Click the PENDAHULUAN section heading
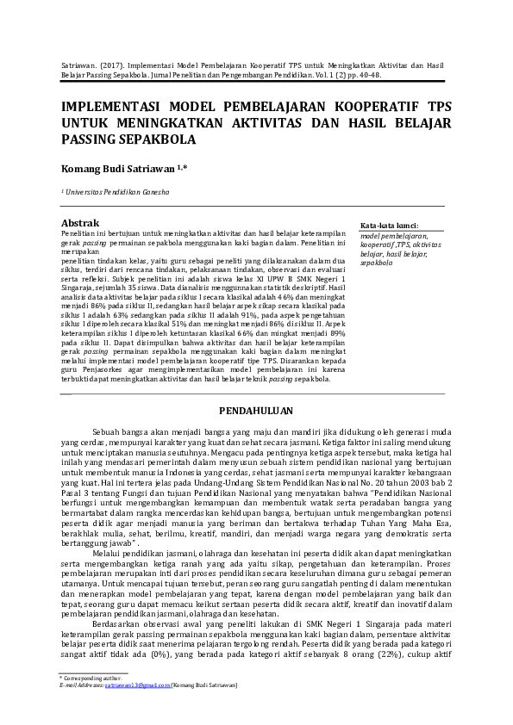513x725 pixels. [256, 410]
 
